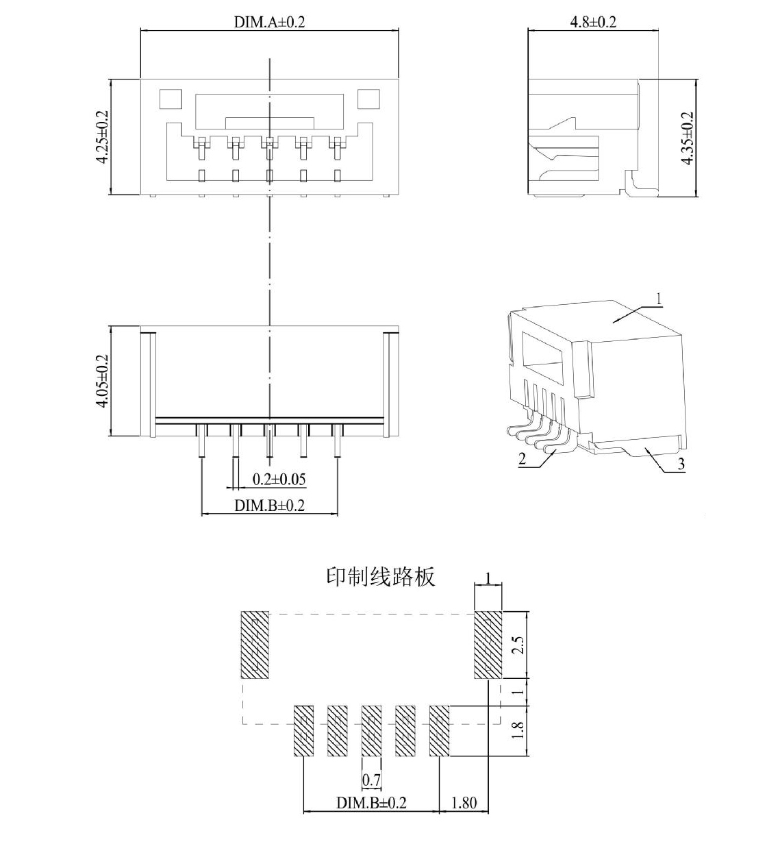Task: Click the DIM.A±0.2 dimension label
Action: (x=269, y=22)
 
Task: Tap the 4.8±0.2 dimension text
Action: (x=593, y=21)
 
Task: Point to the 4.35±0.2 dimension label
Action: (x=688, y=138)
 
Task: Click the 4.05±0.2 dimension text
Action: (x=102, y=381)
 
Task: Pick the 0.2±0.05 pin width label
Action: (x=279, y=479)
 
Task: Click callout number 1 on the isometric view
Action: (x=659, y=299)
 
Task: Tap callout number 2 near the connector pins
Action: (x=523, y=458)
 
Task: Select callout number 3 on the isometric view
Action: (x=681, y=464)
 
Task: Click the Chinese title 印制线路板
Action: (x=380, y=576)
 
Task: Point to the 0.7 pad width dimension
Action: (x=371, y=779)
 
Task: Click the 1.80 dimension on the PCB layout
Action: (x=464, y=802)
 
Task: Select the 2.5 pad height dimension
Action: (x=518, y=645)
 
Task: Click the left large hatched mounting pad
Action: (x=255, y=645)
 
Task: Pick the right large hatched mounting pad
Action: (x=488, y=645)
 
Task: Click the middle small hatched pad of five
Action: (x=371, y=730)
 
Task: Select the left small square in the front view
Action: (x=171, y=99)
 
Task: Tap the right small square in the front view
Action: (x=368, y=99)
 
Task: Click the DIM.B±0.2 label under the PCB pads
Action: (x=370, y=802)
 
